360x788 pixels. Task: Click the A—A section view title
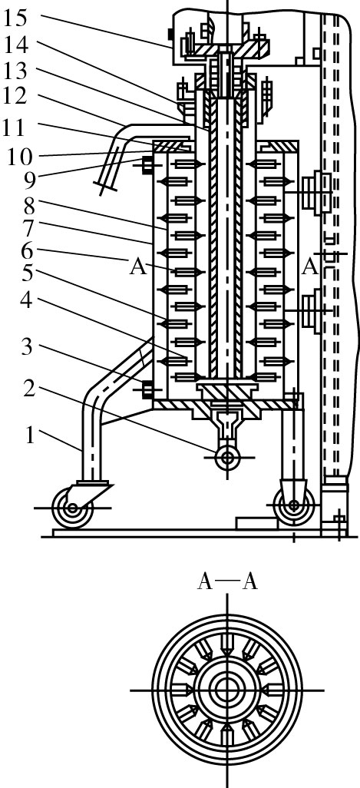pyautogui.click(x=227, y=582)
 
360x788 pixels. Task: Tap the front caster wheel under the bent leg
pyautogui.click(x=73, y=508)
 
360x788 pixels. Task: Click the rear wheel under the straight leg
pyautogui.click(x=294, y=505)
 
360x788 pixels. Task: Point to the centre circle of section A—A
pyautogui.click(x=227, y=690)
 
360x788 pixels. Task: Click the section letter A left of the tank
pyautogui.click(x=138, y=267)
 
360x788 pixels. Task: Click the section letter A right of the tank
pyautogui.click(x=310, y=267)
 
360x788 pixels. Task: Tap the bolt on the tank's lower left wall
pyautogui.click(x=148, y=389)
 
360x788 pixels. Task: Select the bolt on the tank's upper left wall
pyautogui.click(x=148, y=165)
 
